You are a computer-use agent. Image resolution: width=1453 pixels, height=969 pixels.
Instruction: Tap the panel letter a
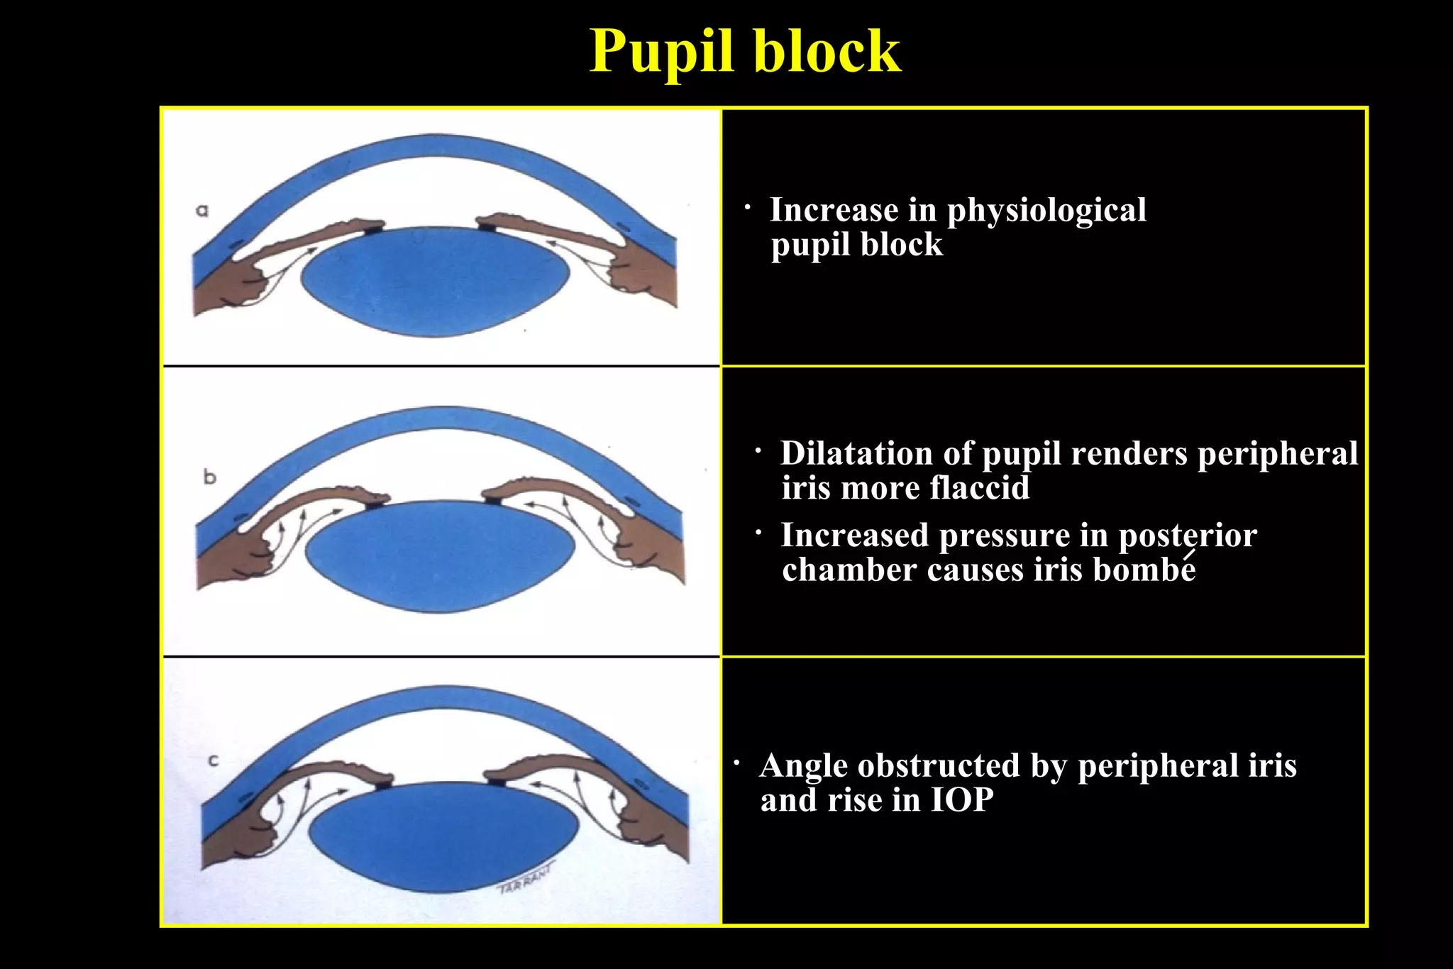pos(202,210)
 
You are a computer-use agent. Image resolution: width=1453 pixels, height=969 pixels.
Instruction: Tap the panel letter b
pos(209,477)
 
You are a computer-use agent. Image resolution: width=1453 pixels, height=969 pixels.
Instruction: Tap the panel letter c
pos(214,761)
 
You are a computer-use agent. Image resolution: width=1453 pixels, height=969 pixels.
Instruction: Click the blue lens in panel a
pos(435,281)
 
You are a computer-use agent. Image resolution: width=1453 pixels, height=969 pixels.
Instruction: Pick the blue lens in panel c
pos(444,837)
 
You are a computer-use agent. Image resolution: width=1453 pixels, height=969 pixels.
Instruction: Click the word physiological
pos(1046,211)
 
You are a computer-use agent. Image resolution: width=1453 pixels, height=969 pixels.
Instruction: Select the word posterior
pos(1187,536)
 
